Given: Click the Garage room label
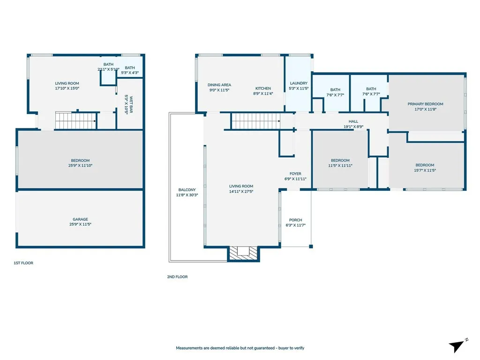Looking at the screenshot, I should coord(80,219).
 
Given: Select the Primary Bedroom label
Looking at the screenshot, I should coord(425,104).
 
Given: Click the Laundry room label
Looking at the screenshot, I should coord(298,83).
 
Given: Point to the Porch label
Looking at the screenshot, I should coord(295,220).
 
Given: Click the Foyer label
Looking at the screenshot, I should coord(295,173).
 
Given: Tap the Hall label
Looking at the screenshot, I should coord(353,121).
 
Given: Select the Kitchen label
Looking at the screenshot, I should coord(263,88).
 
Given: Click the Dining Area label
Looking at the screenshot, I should coord(219,85).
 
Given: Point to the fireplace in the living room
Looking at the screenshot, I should coord(243,252).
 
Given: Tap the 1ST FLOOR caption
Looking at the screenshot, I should coord(23,263).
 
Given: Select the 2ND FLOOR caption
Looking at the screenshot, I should coord(177,277).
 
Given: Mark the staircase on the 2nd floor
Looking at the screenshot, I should coord(255,121).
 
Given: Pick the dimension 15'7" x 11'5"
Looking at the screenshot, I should coord(425,170).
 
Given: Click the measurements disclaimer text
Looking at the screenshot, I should coord(240,348).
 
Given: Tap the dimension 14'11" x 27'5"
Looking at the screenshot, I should coord(241,191).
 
